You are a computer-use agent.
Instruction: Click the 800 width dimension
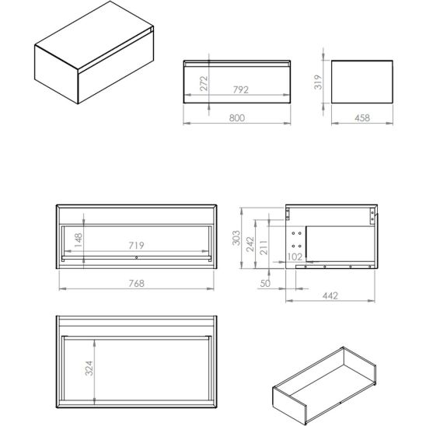click(237, 117)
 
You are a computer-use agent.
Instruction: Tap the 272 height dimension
click(204, 82)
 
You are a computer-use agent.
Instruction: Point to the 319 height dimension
click(318, 80)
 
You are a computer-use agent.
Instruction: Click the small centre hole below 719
click(136, 257)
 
